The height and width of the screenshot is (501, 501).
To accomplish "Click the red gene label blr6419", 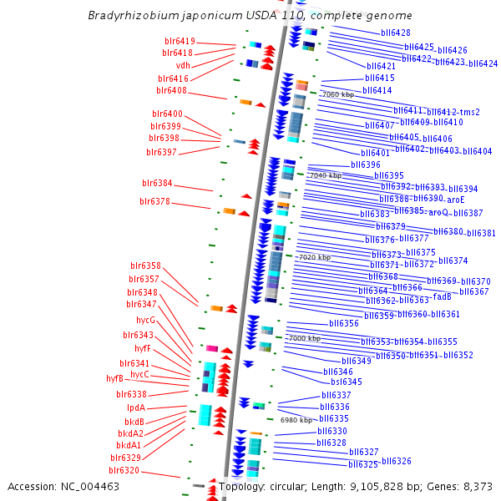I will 180,41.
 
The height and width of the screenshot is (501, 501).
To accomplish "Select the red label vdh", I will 184,65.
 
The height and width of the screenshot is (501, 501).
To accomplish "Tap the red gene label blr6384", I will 157,183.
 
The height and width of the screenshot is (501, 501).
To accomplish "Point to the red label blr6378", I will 154,201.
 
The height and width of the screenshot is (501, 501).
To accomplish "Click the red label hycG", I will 145,320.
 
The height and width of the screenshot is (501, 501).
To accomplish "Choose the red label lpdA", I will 136,407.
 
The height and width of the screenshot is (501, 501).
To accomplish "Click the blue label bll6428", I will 395,33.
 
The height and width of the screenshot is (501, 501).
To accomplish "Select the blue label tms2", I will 471,112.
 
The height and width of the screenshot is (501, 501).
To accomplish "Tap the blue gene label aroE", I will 455,200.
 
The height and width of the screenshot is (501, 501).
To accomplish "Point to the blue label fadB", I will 443,296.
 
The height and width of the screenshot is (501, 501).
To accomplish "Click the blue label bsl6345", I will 347,382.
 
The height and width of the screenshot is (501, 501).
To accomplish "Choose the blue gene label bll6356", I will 343,323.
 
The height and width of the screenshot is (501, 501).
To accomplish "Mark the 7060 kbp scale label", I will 337,95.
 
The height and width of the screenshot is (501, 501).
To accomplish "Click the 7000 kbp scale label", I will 304,338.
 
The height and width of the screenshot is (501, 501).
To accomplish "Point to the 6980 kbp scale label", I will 296,420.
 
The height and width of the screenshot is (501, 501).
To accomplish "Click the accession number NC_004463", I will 93,486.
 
